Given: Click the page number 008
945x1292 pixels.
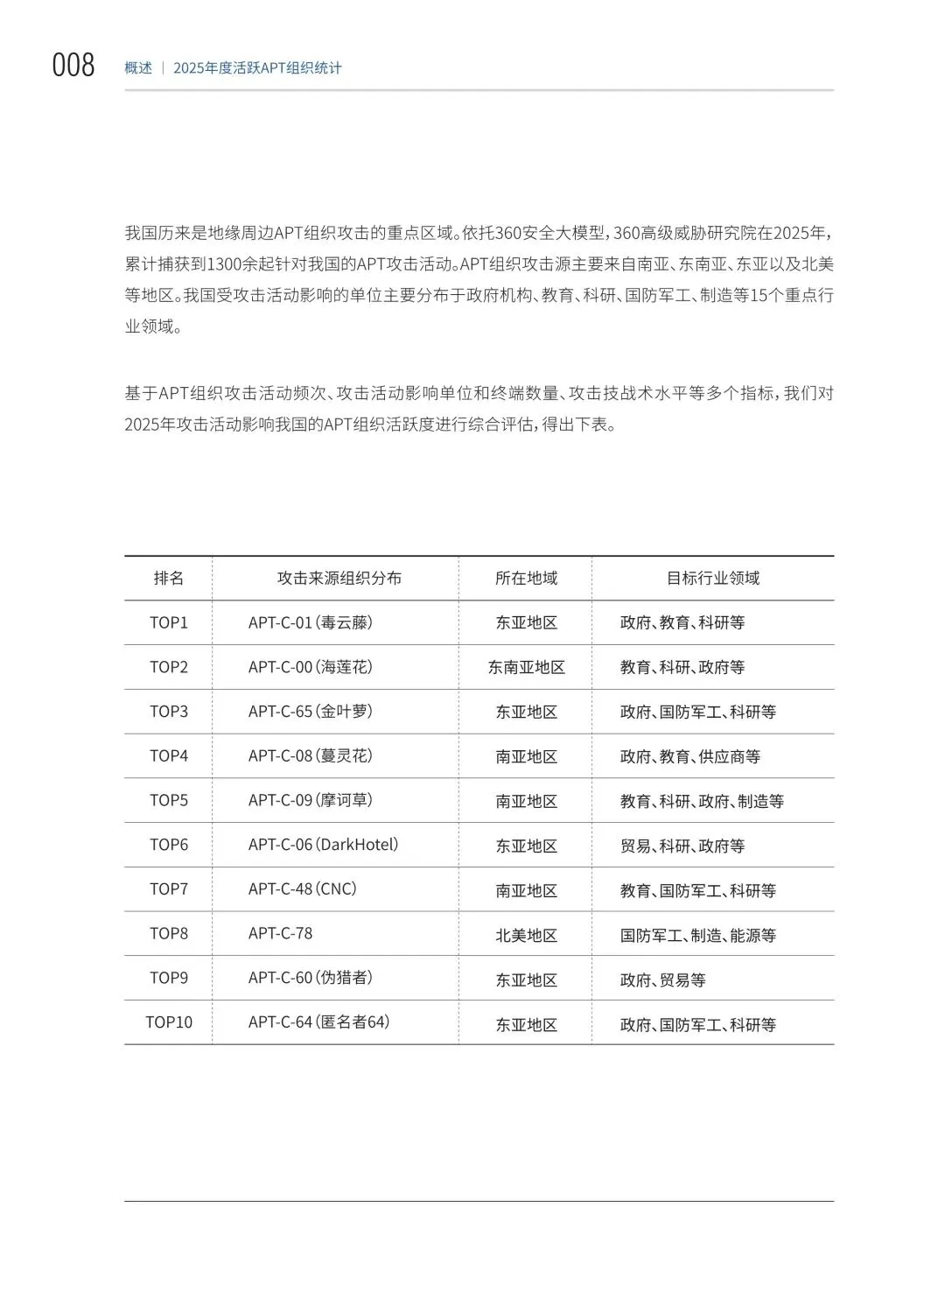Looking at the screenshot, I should click(x=73, y=66).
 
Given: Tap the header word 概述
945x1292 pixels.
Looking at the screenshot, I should click(x=138, y=67).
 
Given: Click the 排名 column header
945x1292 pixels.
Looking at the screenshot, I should click(x=169, y=578).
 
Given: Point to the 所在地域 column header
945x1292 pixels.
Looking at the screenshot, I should click(x=526, y=578).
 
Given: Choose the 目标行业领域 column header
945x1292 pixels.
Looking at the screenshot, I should click(x=713, y=578).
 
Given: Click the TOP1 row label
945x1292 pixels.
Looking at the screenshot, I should click(x=169, y=622).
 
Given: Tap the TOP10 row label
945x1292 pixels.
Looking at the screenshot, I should click(x=169, y=1022).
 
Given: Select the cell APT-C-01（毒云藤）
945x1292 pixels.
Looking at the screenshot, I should click(x=311, y=622).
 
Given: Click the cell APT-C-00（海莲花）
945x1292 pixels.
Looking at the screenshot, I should click(x=311, y=667).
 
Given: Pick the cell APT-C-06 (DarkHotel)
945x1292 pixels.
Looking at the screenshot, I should click(x=324, y=845).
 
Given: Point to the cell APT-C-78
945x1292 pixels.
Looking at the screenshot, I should click(x=280, y=933).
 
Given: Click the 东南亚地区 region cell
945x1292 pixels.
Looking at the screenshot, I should click(x=527, y=668).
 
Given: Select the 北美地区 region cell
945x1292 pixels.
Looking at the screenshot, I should click(x=527, y=935).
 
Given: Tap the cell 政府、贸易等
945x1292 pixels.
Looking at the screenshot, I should click(x=663, y=980).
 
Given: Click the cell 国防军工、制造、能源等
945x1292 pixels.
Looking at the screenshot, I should click(x=698, y=935).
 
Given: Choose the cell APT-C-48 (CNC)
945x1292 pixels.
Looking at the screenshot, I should click(x=303, y=889).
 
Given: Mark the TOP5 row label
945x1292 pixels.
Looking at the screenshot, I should click(x=169, y=800).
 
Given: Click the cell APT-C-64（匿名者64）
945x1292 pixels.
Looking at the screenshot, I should click(x=319, y=1022).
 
